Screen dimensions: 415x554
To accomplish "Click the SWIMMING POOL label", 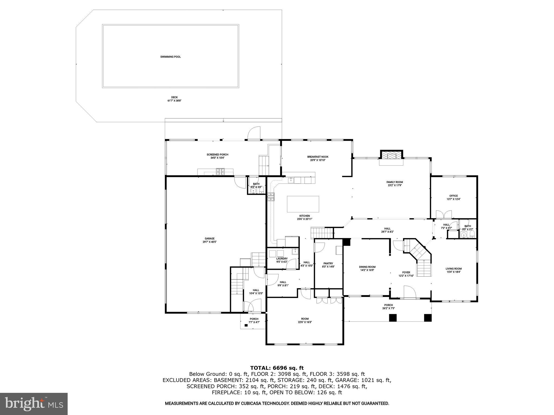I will (x=170, y=57).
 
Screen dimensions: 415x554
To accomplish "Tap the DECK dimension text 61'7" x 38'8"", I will (x=174, y=101).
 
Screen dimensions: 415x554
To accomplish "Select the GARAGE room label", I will (x=209, y=239).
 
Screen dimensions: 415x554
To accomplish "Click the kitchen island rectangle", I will (x=303, y=204).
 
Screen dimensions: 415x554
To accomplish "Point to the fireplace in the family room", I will (x=391, y=156).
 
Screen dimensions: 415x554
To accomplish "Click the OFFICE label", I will (x=454, y=196).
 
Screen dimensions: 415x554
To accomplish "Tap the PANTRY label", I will (x=328, y=263).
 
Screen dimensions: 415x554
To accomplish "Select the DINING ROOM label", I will (x=367, y=267).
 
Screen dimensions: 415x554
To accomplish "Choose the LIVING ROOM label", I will (x=454, y=269).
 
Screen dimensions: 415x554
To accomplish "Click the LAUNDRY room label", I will (x=282, y=259).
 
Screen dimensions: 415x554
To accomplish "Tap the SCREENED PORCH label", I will (x=217, y=155).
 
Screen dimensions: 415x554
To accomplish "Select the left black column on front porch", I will (x=393, y=318).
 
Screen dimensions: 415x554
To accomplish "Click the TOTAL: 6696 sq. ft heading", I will (x=277, y=368).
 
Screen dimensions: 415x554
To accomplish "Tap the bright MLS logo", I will (x=34, y=404).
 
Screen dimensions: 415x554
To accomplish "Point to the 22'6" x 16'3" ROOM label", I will (x=305, y=319).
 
